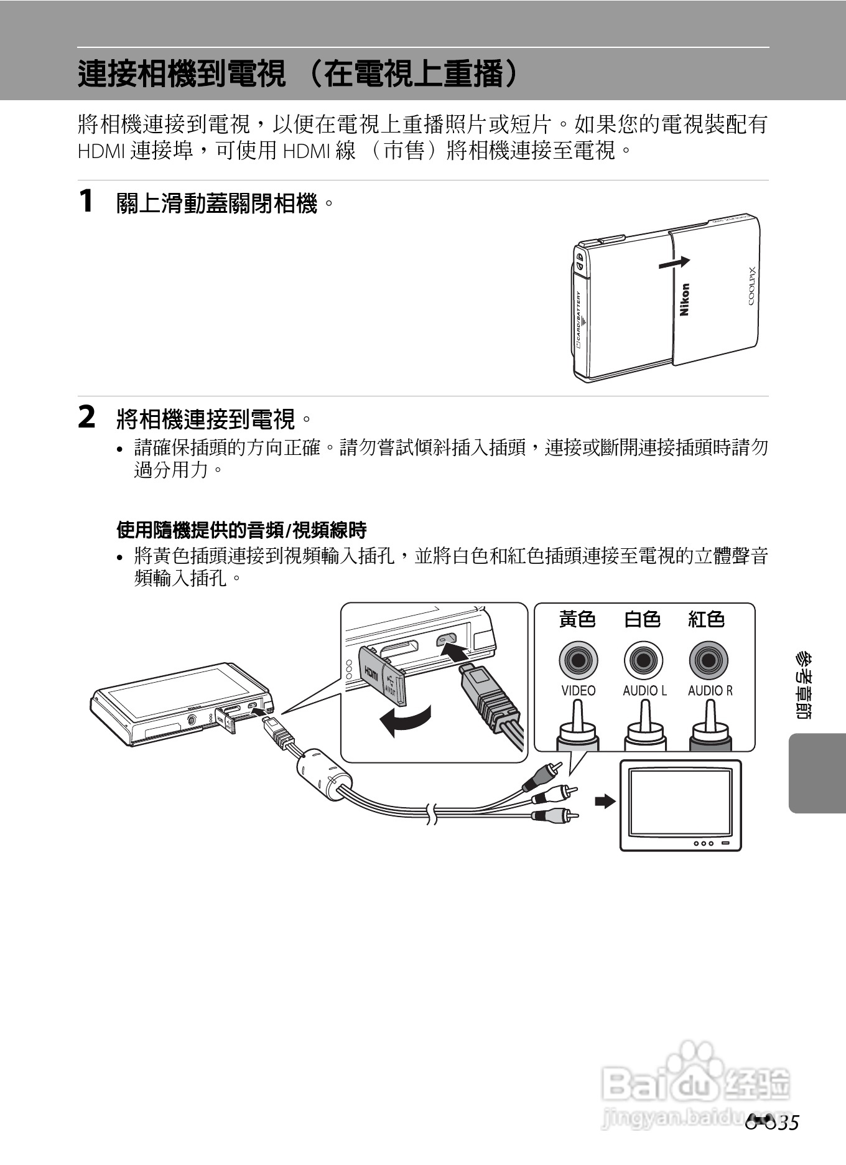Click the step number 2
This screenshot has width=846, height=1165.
pos(86,418)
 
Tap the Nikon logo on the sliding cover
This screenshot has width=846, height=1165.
pos(684,300)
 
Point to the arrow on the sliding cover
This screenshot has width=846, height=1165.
pos(674,263)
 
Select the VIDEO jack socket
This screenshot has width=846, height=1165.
pos(578,660)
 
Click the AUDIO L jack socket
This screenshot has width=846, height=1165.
pos(643,660)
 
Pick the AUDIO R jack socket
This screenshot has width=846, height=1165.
pos(709,660)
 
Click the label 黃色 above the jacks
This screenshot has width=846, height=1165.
pos(577,619)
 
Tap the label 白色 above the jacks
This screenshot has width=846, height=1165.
pos(642,619)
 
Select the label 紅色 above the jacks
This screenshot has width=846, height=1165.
pos(707,619)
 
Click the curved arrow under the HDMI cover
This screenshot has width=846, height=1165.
pos(404,721)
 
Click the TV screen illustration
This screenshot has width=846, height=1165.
pos(680,803)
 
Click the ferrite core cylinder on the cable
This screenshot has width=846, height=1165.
pos(323,774)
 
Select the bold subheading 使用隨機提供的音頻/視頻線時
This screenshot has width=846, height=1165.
pos(241,530)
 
